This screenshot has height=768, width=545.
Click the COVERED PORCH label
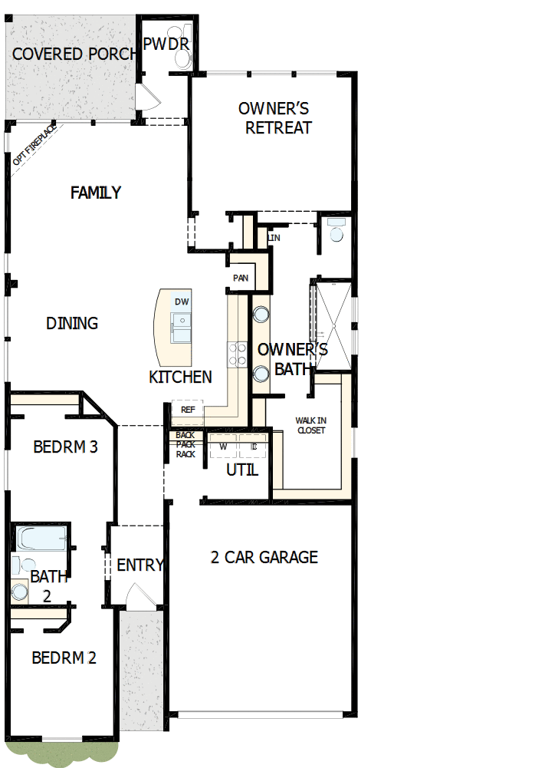[x=74, y=54]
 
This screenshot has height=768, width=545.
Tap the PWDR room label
[x=166, y=44]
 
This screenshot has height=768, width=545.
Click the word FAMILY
[x=96, y=193]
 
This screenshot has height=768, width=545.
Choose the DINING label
[x=72, y=323]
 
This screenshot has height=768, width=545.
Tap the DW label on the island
[x=182, y=302]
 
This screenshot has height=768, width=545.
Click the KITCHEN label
[x=180, y=377]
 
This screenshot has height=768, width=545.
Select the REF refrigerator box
[x=188, y=410]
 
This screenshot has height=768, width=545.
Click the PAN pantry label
[x=241, y=278]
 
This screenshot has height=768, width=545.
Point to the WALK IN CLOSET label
[x=310, y=425]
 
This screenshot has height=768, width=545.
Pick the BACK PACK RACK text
[x=185, y=445]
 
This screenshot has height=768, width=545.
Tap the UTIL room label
[x=242, y=470]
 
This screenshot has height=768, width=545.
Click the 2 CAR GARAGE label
[x=264, y=557]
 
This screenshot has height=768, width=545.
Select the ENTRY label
[x=140, y=565]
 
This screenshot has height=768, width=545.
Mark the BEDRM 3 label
[x=65, y=447]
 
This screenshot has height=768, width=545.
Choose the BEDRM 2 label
[x=64, y=658]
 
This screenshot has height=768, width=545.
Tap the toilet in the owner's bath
[x=336, y=230]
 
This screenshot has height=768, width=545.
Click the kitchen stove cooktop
[x=236, y=354]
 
